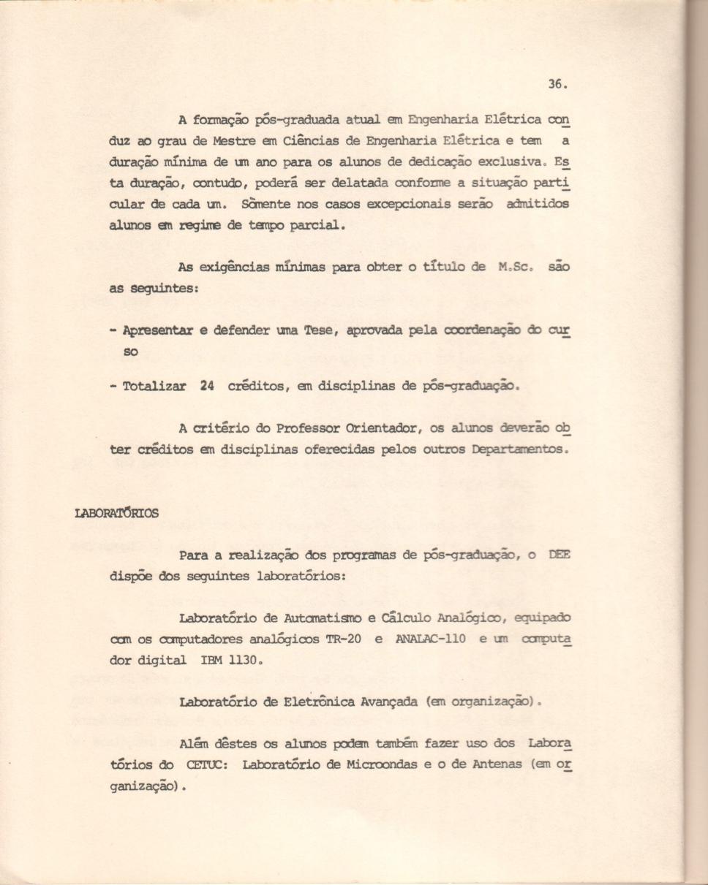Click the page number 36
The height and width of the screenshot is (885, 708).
tap(556, 84)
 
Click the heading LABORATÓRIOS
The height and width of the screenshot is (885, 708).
tap(116, 513)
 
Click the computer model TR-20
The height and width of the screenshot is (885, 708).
tap(343, 638)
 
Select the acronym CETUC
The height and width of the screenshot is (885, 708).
tap(206, 765)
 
